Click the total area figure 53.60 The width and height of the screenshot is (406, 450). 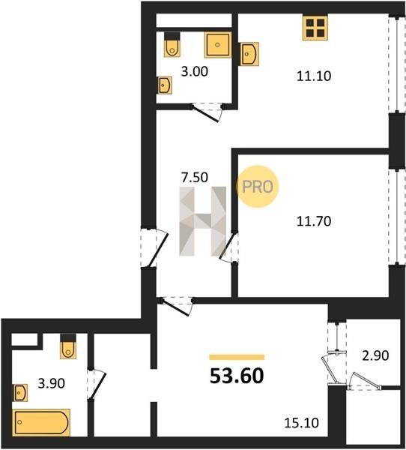tap(237, 376)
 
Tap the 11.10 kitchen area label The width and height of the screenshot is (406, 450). tap(314, 76)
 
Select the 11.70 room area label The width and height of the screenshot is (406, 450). tap(314, 221)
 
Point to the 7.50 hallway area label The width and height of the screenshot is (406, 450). tap(195, 177)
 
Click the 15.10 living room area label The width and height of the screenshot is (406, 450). tap(301, 423)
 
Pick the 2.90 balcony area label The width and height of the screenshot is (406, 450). tap(375, 355)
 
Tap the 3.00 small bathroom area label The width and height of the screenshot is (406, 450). tap(195, 71)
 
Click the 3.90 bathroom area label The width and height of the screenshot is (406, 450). tap(52, 383)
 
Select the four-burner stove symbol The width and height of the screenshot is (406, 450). tap(315, 28)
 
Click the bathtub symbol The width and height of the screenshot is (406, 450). tap(41, 422)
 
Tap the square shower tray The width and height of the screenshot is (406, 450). tap(218, 45)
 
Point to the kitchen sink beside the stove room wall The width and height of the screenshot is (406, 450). tap(249, 54)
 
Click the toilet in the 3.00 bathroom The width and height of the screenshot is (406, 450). tap(172, 44)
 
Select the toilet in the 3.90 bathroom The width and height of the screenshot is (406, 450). tap(68, 346)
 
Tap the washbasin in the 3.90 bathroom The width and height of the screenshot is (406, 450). tap(20, 393)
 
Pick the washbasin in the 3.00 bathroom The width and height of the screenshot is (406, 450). tap(165, 85)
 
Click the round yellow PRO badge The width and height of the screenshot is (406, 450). tap(257, 187)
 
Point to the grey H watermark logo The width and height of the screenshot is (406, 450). tap(203, 221)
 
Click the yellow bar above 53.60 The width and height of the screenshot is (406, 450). tap(237, 357)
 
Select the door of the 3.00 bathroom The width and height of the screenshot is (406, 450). tap(205, 114)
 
